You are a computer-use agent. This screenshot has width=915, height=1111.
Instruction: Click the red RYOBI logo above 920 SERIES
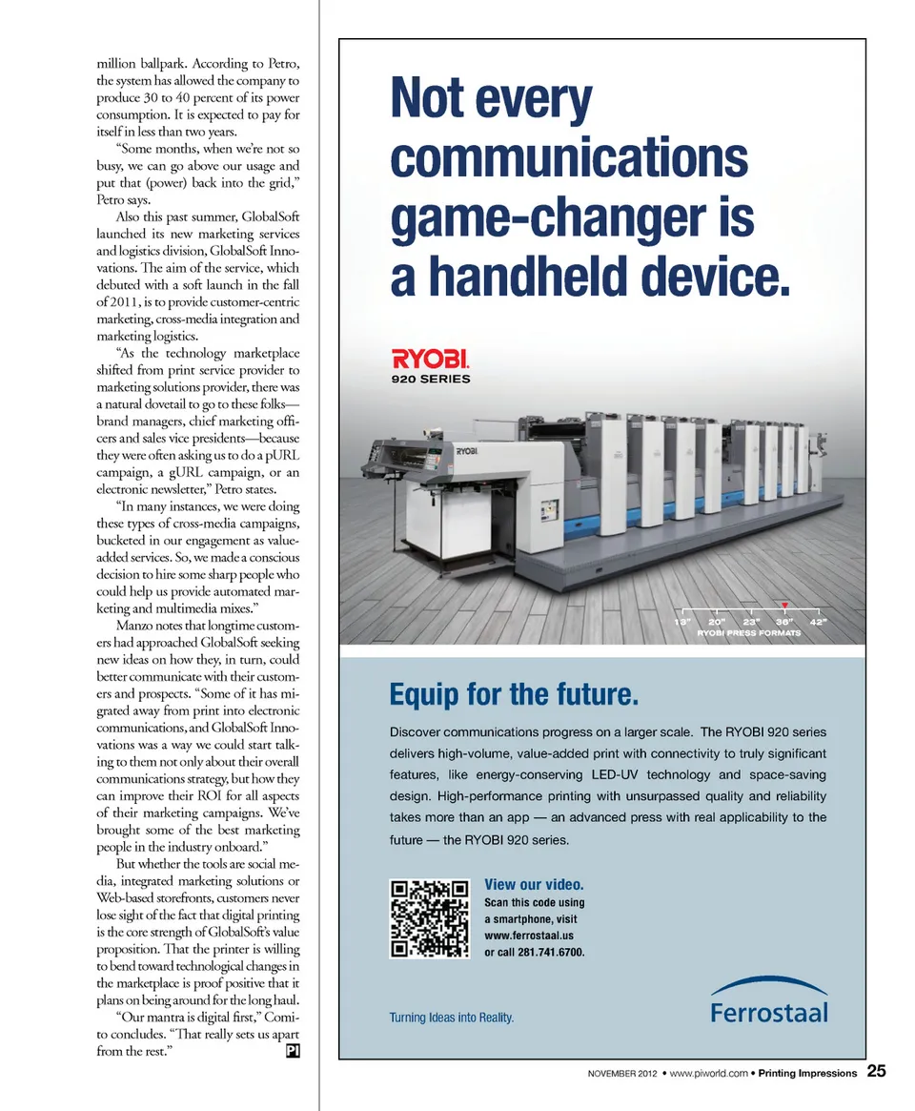click(430, 360)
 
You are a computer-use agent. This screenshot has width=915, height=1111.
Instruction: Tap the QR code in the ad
click(430, 918)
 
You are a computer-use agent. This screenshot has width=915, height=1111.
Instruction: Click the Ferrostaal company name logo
click(768, 1011)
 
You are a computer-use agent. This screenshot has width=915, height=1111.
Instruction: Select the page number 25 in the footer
click(876, 1071)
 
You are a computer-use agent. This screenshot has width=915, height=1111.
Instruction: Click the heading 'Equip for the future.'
click(513, 694)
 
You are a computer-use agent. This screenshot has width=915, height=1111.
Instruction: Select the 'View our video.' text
click(534, 884)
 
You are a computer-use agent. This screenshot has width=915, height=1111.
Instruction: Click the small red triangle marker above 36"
click(783, 605)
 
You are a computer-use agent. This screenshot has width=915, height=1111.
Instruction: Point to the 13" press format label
click(682, 622)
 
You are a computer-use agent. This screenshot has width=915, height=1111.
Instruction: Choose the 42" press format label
click(819, 622)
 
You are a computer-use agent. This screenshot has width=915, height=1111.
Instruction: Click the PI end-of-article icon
click(294, 1052)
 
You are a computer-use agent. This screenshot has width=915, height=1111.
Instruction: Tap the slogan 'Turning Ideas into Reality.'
click(451, 1018)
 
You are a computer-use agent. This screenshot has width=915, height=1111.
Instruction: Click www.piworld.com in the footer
click(708, 1073)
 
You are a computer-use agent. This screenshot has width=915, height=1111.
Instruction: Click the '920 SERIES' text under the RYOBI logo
click(431, 379)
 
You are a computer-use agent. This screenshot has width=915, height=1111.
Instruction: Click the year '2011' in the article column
click(129, 302)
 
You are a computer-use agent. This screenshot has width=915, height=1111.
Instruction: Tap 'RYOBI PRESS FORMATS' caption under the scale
click(749, 633)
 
